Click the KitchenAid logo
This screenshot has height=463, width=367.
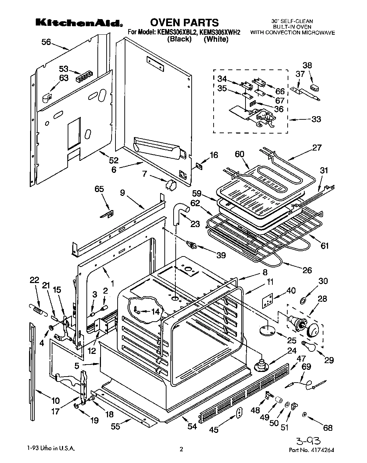coord(79,23)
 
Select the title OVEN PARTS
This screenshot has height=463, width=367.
coord(184,23)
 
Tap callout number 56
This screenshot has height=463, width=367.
coord(46,42)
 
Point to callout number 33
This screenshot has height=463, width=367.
coord(316,119)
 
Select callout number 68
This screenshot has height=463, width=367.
coord(328,428)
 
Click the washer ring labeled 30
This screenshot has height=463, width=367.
coord(304,301)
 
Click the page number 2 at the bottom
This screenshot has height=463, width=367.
coord(181,450)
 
